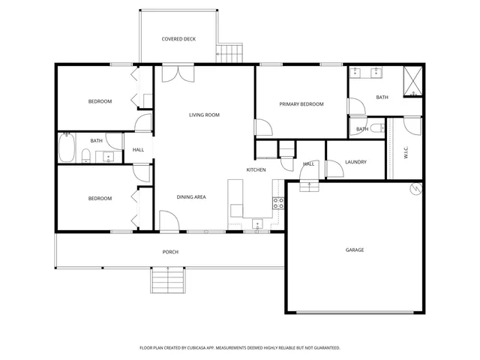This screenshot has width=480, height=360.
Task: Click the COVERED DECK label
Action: (178, 39)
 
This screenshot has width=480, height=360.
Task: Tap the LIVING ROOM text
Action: (204, 115)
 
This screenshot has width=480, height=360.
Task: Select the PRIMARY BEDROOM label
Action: (301, 104)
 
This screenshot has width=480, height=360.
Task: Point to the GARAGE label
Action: (355, 250)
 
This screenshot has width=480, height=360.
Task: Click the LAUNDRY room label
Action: (355, 162)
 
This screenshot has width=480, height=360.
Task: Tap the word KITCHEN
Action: (256, 170)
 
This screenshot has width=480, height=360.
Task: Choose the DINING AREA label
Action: (191, 197)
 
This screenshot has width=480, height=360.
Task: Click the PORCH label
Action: (170, 252)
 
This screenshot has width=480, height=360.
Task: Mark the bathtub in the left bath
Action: (67, 148)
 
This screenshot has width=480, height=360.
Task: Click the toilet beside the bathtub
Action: (87, 156)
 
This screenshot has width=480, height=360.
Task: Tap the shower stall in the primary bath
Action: (412, 81)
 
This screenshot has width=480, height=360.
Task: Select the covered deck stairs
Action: (230, 52)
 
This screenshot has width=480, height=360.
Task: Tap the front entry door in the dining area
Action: (169, 223)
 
